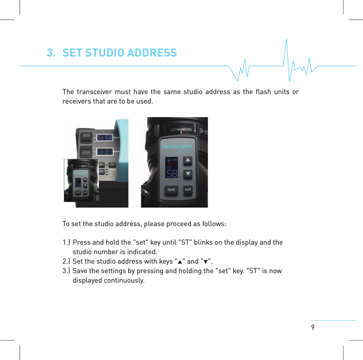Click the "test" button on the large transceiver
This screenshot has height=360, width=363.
(x=172, y=189)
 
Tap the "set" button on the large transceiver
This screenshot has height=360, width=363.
(x=188, y=189)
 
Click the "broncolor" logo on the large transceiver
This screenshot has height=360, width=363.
(x=177, y=147)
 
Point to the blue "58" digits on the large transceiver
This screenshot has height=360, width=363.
(x=172, y=174)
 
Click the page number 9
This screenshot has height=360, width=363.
(x=313, y=327)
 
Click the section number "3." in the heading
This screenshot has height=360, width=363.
(x=51, y=53)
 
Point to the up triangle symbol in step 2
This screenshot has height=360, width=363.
(x=179, y=262)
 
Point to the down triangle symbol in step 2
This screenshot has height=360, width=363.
(x=206, y=262)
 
